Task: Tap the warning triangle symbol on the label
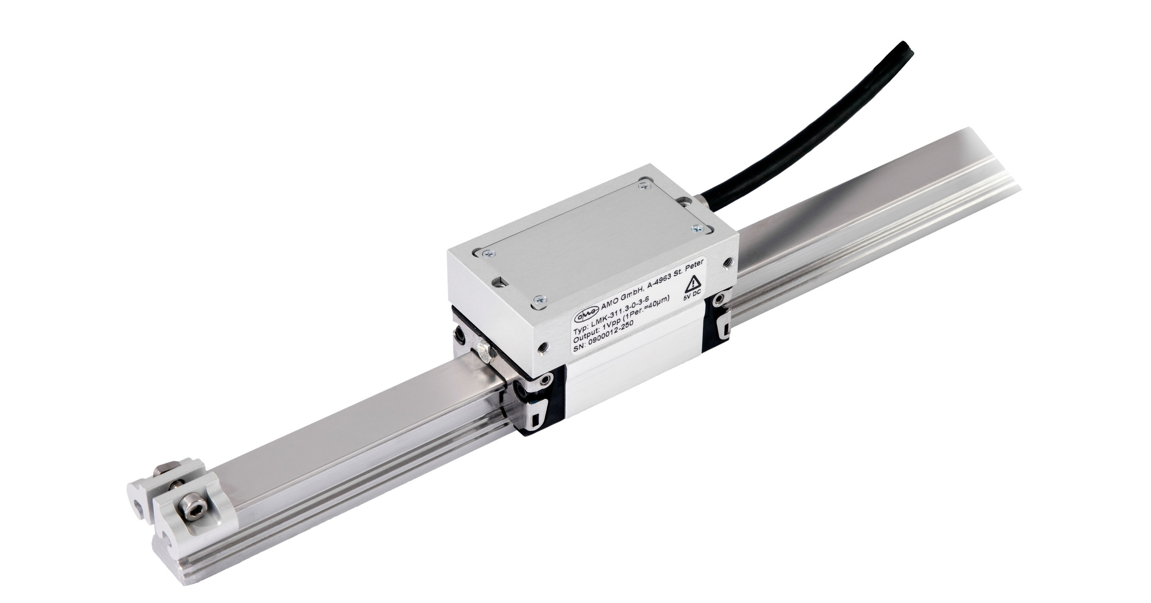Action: click(x=693, y=282)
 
